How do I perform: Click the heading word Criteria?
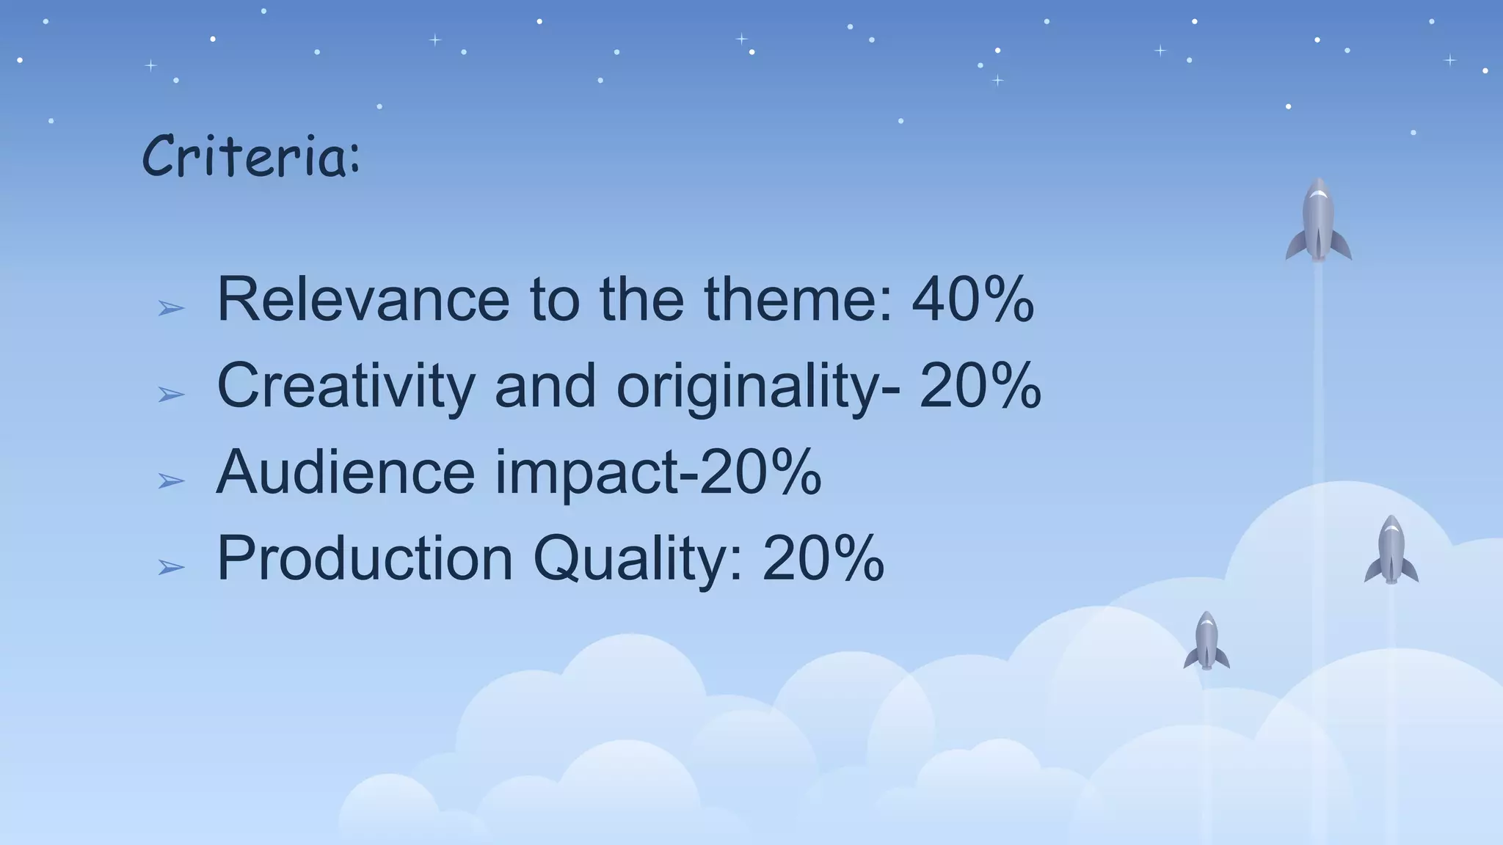coord(250,156)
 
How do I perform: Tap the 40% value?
coord(972,299)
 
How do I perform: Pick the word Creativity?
coord(346,387)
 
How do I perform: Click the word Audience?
coord(346,472)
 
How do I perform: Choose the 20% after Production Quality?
coord(823,559)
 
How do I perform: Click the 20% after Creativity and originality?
coord(980,387)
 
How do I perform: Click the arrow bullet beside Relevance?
coord(171,308)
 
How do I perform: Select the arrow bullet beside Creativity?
coord(171,395)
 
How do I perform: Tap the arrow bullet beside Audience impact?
coord(171,481)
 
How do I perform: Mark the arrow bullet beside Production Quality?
coord(171,567)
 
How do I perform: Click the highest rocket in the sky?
coord(1318,220)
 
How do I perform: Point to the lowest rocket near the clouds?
coord(1207,640)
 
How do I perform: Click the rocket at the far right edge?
coord(1391,550)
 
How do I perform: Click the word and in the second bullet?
coord(545,387)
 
